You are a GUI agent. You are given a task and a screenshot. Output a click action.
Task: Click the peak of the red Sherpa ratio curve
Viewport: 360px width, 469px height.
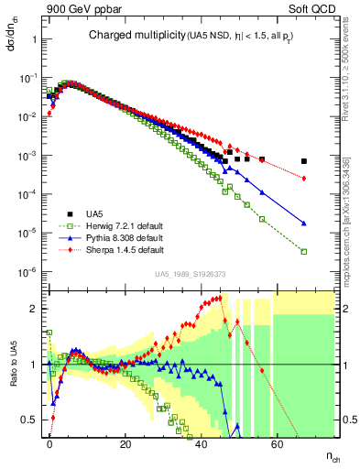(220, 297)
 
